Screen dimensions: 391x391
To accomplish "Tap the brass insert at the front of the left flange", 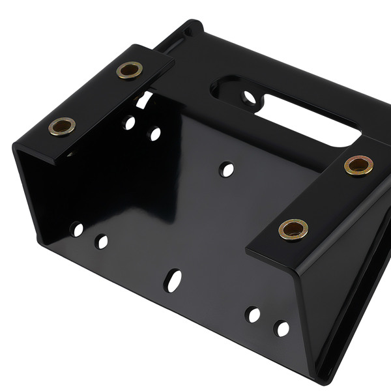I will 62,126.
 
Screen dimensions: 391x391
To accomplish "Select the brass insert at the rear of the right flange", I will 358,166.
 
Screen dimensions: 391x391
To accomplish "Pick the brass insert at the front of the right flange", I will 293,229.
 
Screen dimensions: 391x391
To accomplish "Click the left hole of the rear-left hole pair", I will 130,122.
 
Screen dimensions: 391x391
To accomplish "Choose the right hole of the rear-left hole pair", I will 155,134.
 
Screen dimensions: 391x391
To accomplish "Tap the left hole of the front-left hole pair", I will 78,229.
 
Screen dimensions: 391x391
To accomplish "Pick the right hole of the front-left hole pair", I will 102,242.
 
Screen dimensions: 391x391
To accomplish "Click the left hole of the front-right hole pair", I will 252,315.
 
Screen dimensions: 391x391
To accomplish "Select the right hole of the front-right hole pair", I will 282,328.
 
